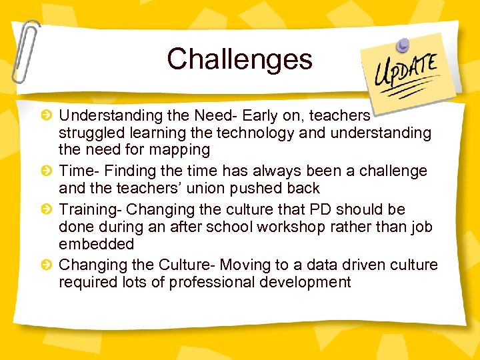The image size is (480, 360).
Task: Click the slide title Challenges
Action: click(239, 59)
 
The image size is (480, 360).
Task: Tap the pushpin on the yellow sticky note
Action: click(403, 45)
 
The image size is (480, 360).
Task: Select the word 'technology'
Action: click(257, 133)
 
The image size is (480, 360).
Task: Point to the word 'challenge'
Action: click(393, 171)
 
